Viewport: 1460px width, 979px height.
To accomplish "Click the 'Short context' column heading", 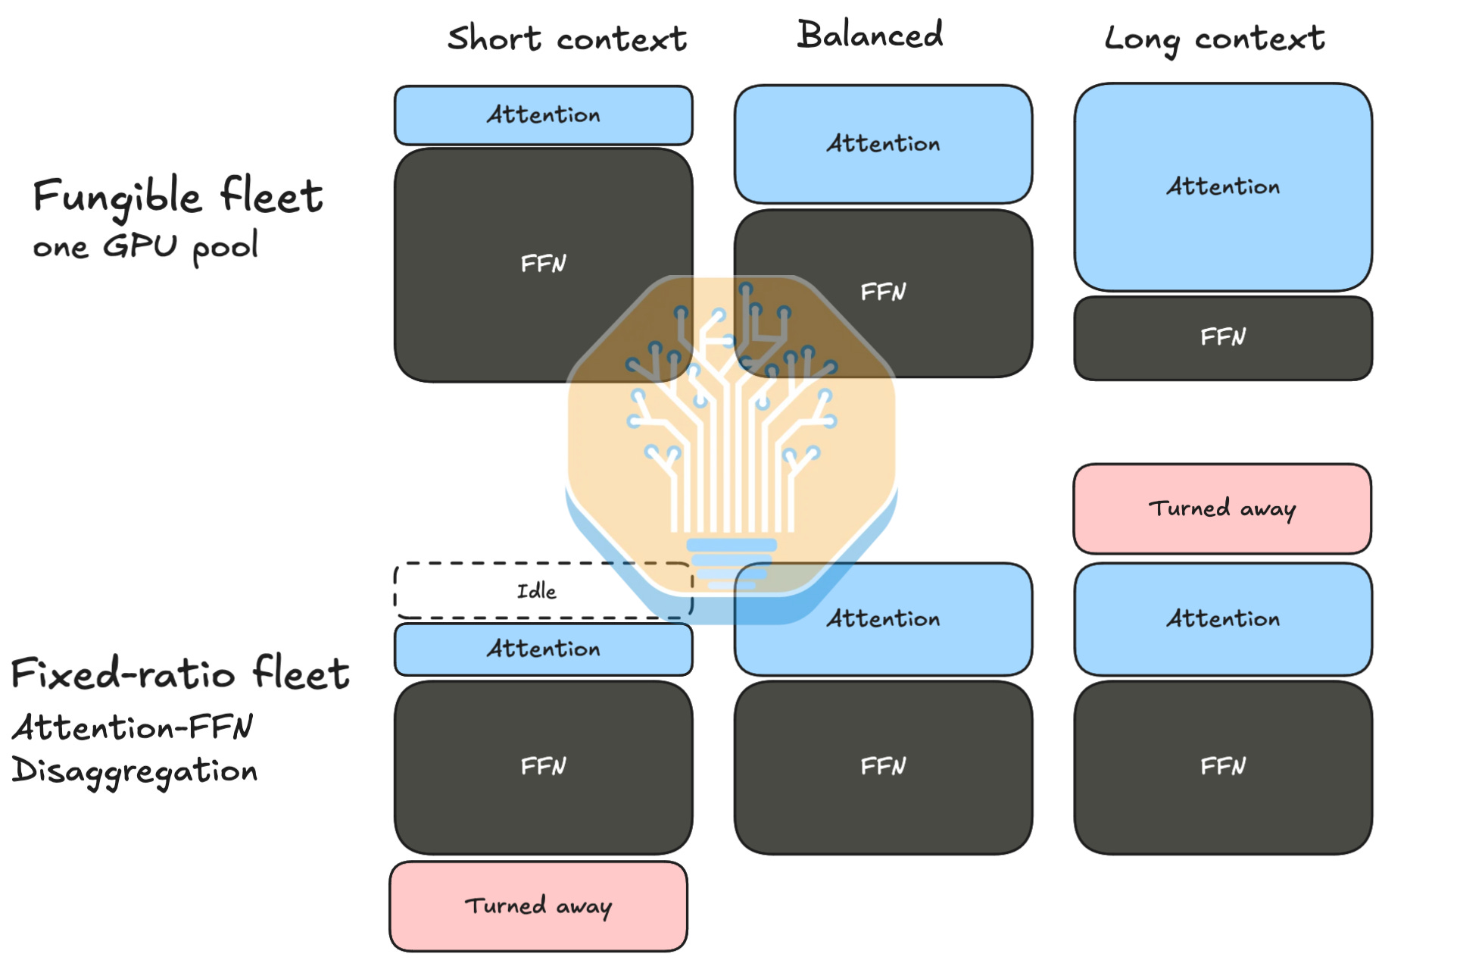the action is click(567, 39).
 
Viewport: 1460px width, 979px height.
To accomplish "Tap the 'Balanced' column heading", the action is click(870, 35).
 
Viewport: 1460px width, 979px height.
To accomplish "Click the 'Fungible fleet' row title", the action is click(178, 196).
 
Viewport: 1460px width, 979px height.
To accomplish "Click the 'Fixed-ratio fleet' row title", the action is click(180, 673).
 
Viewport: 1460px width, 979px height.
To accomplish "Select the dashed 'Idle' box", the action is click(544, 591).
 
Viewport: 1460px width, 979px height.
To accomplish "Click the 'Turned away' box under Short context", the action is click(538, 906).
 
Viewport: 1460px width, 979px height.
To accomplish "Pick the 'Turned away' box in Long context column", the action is click(1222, 508).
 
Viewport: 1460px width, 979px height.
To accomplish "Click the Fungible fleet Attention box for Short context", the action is click(544, 115).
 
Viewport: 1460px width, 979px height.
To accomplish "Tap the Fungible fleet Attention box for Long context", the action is click(1223, 187).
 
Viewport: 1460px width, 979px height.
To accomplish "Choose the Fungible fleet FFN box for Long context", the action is click(1223, 338).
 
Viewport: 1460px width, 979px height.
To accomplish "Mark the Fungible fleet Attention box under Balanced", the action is click(883, 144).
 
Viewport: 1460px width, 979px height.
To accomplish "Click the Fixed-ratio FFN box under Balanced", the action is click(883, 767).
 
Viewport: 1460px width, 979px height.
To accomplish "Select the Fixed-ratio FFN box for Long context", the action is click(1223, 767).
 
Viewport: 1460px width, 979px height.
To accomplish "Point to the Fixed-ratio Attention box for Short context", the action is click(544, 649).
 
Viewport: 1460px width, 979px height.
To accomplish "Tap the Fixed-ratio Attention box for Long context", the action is click(1223, 619).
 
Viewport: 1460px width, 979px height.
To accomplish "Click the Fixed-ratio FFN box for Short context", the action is click(544, 767).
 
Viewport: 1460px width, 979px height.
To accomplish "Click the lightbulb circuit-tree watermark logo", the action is click(732, 447).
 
